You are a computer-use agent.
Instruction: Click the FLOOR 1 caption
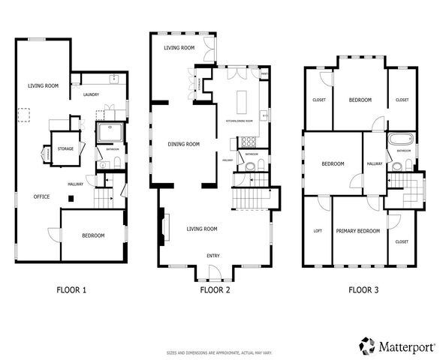pyautogui.click(x=72, y=288)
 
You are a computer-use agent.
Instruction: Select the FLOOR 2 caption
pyautogui.click(x=215, y=288)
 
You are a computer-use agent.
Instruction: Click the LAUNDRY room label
pyautogui.click(x=92, y=94)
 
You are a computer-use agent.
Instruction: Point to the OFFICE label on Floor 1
pyautogui.click(x=41, y=196)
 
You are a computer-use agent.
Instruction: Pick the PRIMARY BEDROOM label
pyautogui.click(x=357, y=231)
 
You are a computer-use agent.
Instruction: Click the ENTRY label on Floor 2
pyautogui.click(x=214, y=255)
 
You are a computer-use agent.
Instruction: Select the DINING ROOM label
pyautogui.click(x=183, y=145)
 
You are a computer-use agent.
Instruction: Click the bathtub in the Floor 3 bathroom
pyautogui.click(x=398, y=140)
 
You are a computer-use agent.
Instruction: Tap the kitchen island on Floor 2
pyautogui.click(x=243, y=100)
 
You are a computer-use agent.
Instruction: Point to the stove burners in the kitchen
pyautogui.click(x=248, y=141)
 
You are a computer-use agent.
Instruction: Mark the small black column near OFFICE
pyautogui.click(x=70, y=198)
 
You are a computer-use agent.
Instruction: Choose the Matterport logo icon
pyautogui.click(x=367, y=345)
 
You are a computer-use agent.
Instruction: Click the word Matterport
pyautogui.click(x=402, y=346)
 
